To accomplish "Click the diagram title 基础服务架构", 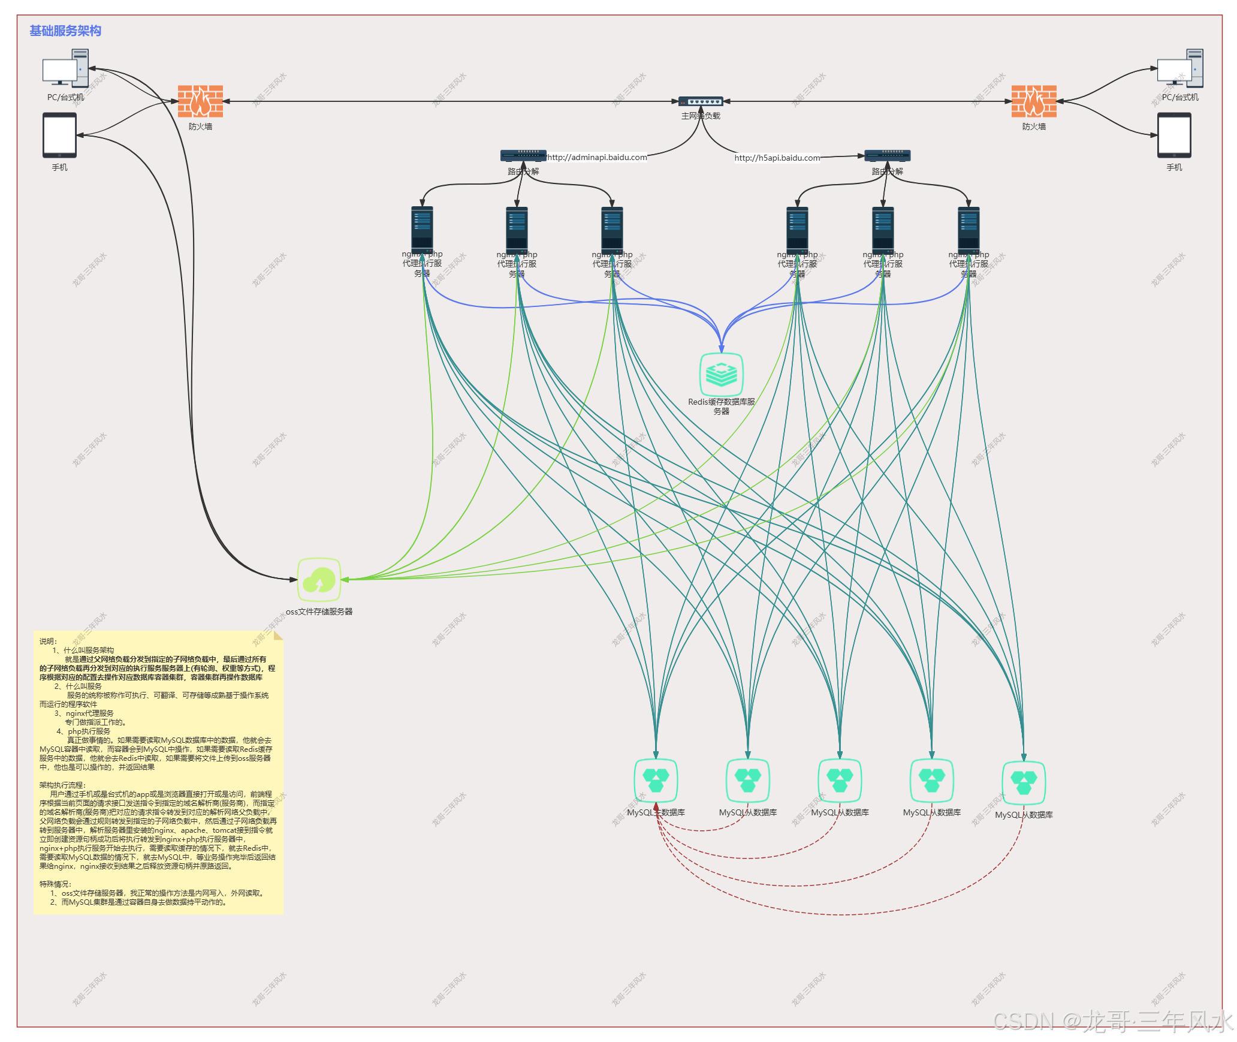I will [x=65, y=31].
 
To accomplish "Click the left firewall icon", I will [x=200, y=101].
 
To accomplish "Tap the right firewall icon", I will [x=1034, y=101].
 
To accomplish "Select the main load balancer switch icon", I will [x=700, y=101].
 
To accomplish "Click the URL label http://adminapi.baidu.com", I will [x=597, y=157].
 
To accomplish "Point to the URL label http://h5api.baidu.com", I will [x=777, y=158].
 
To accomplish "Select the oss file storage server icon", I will [x=319, y=580].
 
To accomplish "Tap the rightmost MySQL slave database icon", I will [x=1024, y=783].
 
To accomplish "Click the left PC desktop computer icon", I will [x=65, y=69].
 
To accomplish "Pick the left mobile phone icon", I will [x=59, y=135].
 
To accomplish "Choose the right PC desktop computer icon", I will [x=1180, y=69].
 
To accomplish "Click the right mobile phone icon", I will [x=1174, y=135].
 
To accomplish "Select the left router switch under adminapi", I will [x=523, y=156].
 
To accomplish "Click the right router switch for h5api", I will [x=887, y=156].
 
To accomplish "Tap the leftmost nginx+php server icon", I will [x=422, y=228].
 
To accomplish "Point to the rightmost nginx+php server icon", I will [x=969, y=228].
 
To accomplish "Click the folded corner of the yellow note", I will [x=277, y=636].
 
